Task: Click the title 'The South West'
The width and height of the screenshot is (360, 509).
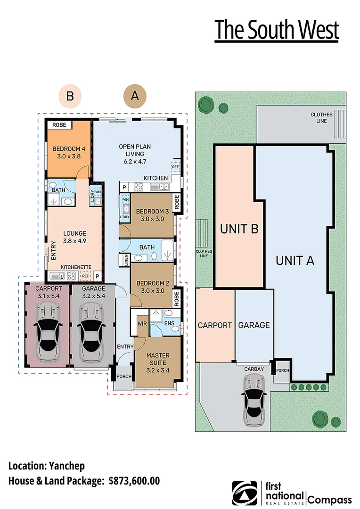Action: coord(277,30)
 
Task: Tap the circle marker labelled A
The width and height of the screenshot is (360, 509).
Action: coord(135,96)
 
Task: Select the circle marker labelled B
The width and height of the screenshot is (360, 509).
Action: coord(70,96)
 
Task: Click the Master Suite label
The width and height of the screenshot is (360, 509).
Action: coord(158,359)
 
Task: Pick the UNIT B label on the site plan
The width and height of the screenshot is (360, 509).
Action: coord(239,230)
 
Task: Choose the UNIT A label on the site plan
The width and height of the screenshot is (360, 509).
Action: coord(295,260)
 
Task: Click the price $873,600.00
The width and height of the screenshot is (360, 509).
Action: coord(134,481)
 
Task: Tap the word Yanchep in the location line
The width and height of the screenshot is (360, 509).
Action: coord(66,466)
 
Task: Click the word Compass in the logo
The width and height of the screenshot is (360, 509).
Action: coord(330,501)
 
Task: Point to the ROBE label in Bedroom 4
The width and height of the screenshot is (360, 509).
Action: coord(59,125)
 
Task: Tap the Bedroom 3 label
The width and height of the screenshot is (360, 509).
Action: coord(150,215)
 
